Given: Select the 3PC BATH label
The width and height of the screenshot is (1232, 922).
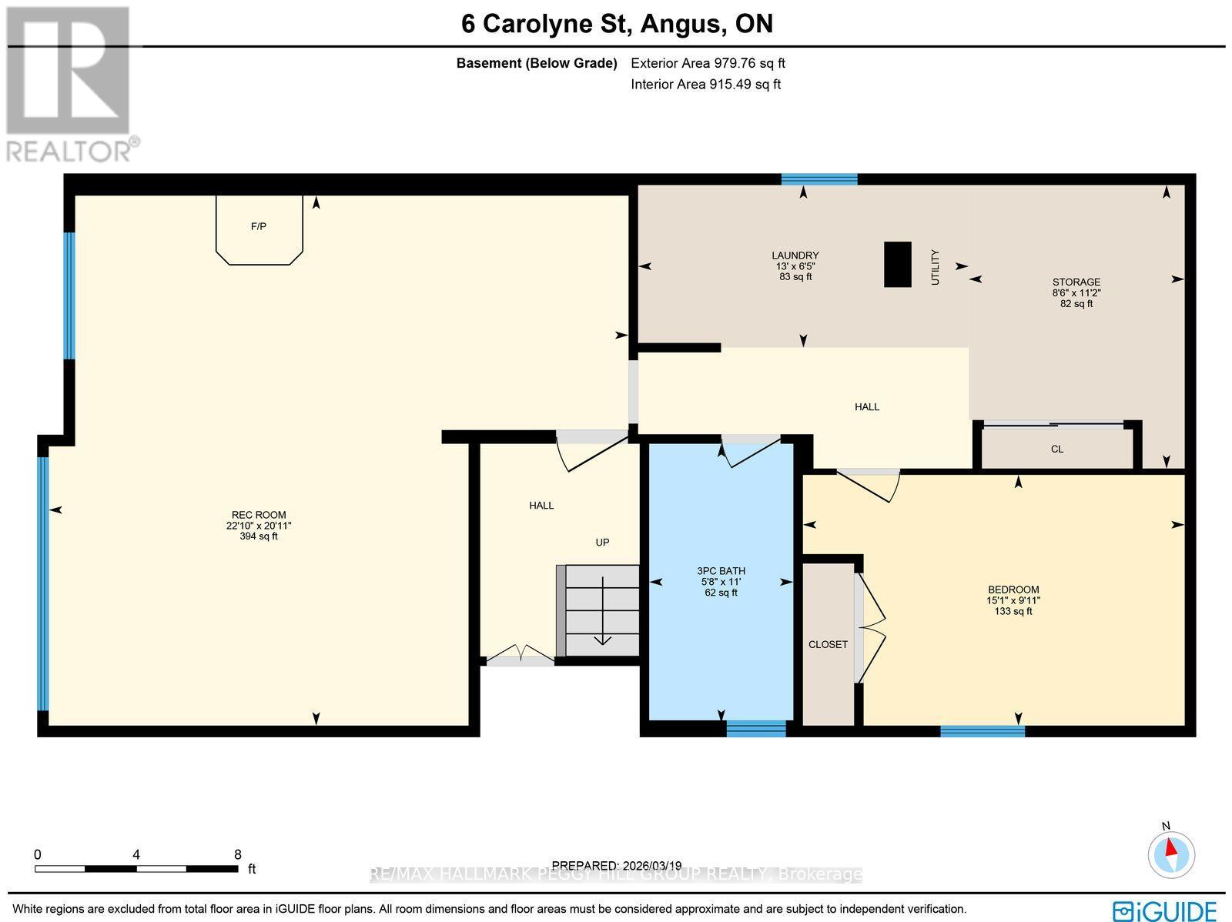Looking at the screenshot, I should tap(721, 571).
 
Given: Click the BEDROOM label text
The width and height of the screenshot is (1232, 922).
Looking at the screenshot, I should tap(1013, 590).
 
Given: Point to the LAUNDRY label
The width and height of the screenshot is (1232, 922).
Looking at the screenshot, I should tap(795, 256).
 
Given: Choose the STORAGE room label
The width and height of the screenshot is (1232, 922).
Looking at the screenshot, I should tap(1076, 282).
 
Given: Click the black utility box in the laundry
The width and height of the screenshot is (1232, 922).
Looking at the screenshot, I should tap(897, 264).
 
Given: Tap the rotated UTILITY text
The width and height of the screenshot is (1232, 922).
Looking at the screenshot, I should tap(936, 267).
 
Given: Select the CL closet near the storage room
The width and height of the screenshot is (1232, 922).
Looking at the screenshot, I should tap(1056, 449).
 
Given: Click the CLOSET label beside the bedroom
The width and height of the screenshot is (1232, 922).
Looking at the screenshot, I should tap(828, 644).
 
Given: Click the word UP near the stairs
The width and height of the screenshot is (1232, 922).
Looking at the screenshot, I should tap(602, 542).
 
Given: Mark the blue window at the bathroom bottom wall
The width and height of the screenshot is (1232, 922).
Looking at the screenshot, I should tap(755, 727).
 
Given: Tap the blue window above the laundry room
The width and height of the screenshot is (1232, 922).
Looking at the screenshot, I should tap(819, 179).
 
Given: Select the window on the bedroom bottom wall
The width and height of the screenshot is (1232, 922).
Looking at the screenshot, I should tap(982, 730).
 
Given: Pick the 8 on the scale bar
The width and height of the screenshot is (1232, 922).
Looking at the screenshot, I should tap(238, 854).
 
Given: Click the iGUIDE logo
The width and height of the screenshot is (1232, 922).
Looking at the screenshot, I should tap(1165, 910).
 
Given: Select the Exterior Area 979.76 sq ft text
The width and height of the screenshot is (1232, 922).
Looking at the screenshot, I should tap(708, 64).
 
